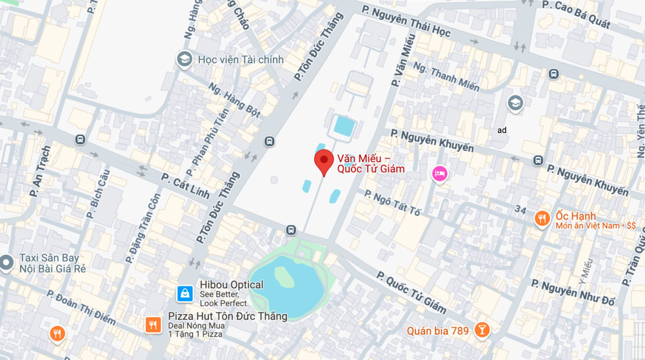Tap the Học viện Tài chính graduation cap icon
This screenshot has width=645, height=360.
click(185, 59)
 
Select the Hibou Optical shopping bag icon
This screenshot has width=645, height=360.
click(185, 294)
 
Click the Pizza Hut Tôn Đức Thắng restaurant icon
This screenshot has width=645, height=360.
click(153, 325)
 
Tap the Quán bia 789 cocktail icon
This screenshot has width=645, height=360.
click(481, 330)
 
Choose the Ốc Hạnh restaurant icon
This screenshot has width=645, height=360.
click(542, 219)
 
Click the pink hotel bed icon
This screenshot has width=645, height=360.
click(439, 173)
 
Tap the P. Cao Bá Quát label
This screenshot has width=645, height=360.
click(576, 14)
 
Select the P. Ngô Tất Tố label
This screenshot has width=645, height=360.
click(396, 203)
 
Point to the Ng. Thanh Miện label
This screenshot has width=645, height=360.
click(446, 75)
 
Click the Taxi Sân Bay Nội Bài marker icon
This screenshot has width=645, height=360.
click(6, 263)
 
